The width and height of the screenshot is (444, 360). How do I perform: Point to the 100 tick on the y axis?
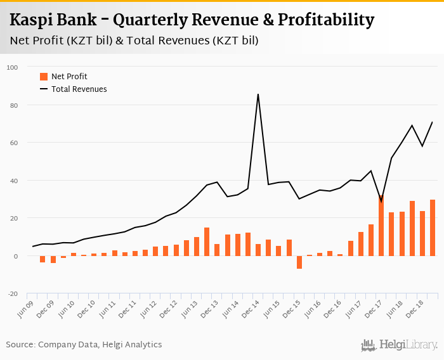point(13,67)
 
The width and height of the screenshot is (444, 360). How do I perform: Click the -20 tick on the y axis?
point(13,294)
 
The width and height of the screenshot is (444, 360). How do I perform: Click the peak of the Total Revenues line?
point(258,94)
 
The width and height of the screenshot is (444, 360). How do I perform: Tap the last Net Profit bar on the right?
point(432,228)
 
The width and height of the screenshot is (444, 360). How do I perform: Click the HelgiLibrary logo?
point(399,345)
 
